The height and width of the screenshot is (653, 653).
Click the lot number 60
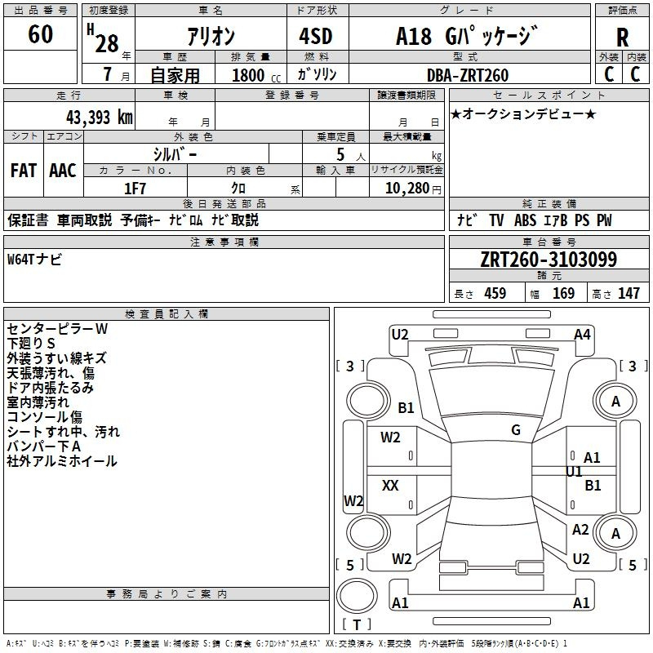coord(40,33)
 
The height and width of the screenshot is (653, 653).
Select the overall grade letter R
coord(622,38)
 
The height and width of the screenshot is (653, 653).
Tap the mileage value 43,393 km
coord(100,118)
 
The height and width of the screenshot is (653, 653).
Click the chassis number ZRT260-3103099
coord(549,260)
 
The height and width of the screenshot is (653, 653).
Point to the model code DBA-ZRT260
coord(468,75)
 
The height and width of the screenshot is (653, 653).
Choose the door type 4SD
coord(316,36)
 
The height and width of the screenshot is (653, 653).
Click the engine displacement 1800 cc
coord(256,76)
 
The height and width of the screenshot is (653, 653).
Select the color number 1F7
coord(135,189)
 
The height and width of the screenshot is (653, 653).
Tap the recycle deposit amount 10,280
coord(407,189)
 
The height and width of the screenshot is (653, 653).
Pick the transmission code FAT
coord(24,171)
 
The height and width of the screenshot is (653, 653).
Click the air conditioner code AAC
coord(63,171)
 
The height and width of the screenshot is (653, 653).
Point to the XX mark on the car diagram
coord(390,485)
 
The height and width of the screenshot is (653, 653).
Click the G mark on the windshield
coord(516,430)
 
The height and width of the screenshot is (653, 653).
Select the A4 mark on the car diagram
coord(582,335)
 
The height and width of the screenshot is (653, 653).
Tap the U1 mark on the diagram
coord(574,472)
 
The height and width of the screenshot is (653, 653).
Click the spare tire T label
coord(357,624)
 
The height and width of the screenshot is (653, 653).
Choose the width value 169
coord(563,293)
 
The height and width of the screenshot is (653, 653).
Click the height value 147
coord(629,293)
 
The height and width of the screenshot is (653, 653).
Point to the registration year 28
coord(107,43)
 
